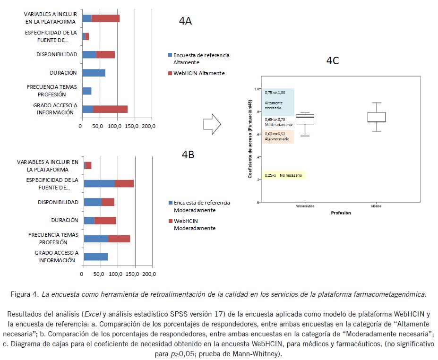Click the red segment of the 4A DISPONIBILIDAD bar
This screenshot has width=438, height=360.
point(105,54)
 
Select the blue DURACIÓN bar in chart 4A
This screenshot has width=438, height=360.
point(94,73)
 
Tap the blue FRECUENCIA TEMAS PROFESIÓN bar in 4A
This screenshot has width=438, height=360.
point(87,91)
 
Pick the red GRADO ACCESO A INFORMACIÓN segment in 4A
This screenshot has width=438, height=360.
point(110,109)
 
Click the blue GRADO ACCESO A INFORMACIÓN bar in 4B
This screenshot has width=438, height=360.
point(95,257)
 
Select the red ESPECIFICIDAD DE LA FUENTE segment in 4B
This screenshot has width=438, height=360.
point(124,183)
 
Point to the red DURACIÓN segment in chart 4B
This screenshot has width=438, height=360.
point(105,220)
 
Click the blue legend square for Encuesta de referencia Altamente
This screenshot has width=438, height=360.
point(170,55)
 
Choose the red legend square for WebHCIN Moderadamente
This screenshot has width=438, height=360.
point(170,221)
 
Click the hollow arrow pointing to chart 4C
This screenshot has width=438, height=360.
point(212,124)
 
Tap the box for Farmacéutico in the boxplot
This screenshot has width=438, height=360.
point(304,120)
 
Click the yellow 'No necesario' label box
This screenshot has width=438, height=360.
point(284,175)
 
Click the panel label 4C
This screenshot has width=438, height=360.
point(333,60)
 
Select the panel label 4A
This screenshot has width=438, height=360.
point(185,21)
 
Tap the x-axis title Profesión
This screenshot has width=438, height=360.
point(341,213)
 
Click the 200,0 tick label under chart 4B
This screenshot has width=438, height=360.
point(150,274)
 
